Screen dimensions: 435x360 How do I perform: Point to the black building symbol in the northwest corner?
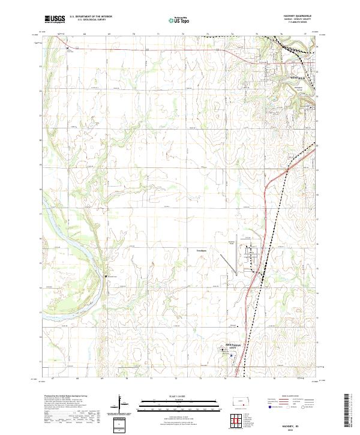(x=68, y=47)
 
